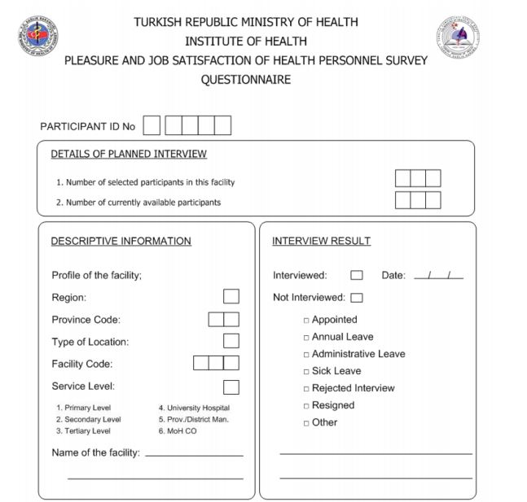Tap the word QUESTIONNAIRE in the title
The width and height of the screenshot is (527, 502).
(245, 80)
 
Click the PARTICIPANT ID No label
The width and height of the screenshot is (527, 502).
(88, 126)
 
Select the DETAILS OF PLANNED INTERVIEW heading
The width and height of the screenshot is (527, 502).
(129, 154)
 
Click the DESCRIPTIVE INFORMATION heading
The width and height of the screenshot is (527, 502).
(121, 241)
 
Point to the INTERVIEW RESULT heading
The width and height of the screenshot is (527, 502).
(321, 241)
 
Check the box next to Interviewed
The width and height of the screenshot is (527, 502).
(357, 276)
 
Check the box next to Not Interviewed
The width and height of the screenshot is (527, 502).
(357, 298)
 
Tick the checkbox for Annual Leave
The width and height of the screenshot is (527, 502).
(306, 338)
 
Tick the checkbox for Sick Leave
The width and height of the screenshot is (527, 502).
(306, 372)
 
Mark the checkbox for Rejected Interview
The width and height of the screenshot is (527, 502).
(306, 389)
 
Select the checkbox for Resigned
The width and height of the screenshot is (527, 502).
(306, 406)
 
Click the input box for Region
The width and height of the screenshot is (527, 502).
(231, 297)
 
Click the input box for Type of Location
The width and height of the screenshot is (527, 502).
(231, 342)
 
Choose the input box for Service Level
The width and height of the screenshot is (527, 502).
(231, 386)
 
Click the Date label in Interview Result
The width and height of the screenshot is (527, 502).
(393, 276)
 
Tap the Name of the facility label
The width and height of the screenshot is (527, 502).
(95, 452)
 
